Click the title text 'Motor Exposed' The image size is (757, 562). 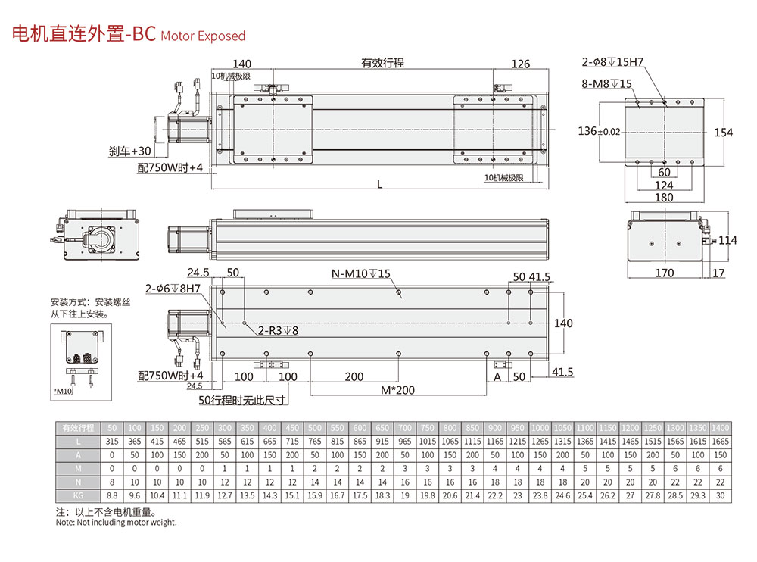click(203, 36)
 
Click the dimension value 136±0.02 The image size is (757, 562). click(599, 132)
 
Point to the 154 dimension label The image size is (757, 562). click(724, 133)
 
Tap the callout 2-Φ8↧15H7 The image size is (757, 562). click(612, 62)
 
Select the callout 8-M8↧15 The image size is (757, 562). click(607, 84)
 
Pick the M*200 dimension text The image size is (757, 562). click(398, 390)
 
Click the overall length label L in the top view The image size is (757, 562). click(379, 184)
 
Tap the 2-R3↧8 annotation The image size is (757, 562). click(278, 330)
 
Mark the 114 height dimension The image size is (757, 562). click(727, 241)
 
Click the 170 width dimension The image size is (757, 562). click(664, 273)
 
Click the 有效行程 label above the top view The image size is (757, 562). click(382, 64)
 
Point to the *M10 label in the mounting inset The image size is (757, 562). click(63, 391)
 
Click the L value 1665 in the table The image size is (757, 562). click(721, 442)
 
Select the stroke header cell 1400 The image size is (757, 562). click(721, 428)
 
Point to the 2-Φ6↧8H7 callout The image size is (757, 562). click(173, 289)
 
